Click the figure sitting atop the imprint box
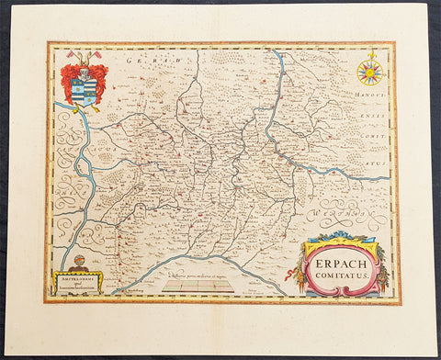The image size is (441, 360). [x=76, y=264]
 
